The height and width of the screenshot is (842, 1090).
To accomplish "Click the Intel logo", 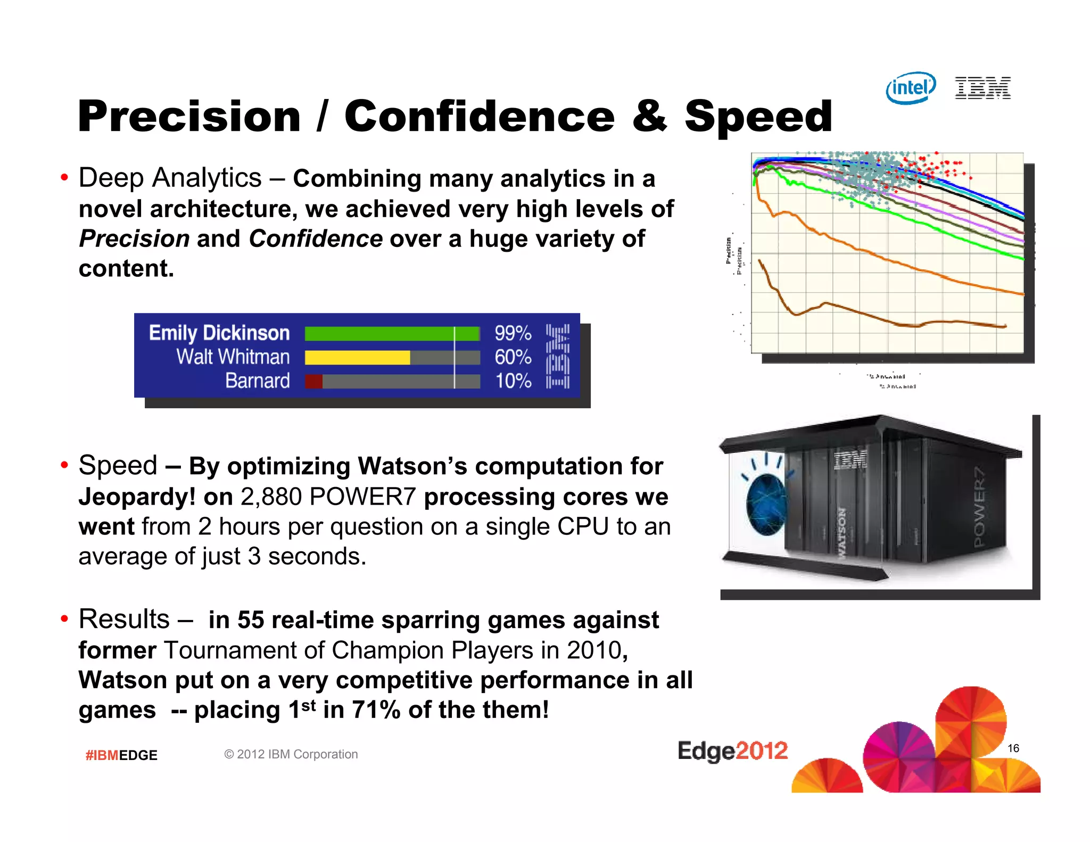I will (911, 88).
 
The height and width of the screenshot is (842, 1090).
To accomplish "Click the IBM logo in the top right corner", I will (982, 88).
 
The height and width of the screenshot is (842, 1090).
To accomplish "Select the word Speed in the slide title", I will (758, 116).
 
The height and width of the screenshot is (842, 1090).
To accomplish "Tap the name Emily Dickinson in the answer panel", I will (219, 333).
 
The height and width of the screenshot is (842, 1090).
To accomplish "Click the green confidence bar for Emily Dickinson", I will (392, 334).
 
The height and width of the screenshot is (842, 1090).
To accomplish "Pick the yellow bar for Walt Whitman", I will (357, 358).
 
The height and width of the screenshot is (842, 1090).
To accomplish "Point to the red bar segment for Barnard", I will (313, 382).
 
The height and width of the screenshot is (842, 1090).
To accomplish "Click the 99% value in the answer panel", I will (513, 333).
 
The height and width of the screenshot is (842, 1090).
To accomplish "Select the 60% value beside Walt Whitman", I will (513, 357).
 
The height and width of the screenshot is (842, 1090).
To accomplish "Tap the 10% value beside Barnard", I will (513, 381).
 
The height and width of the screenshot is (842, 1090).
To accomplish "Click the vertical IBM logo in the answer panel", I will (557, 357).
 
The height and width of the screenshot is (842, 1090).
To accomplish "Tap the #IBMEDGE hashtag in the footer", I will (121, 755).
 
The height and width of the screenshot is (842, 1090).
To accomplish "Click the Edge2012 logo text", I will (732, 751).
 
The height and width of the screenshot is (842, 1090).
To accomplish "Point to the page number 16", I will (1013, 748).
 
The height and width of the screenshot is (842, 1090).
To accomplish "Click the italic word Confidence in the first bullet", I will (315, 238).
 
